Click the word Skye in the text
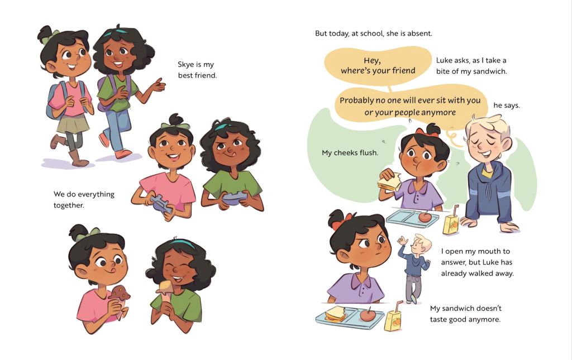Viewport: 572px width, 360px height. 185,65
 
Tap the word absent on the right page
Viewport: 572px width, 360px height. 420,33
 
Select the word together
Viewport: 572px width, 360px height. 69,205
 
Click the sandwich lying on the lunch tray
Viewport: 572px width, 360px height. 335,314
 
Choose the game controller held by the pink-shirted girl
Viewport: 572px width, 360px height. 161,204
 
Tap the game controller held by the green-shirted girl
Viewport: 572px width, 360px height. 234,198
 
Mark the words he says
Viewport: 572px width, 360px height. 506,105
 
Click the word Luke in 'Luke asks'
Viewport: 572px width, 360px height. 444,60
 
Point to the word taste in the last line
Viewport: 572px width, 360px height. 438,320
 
